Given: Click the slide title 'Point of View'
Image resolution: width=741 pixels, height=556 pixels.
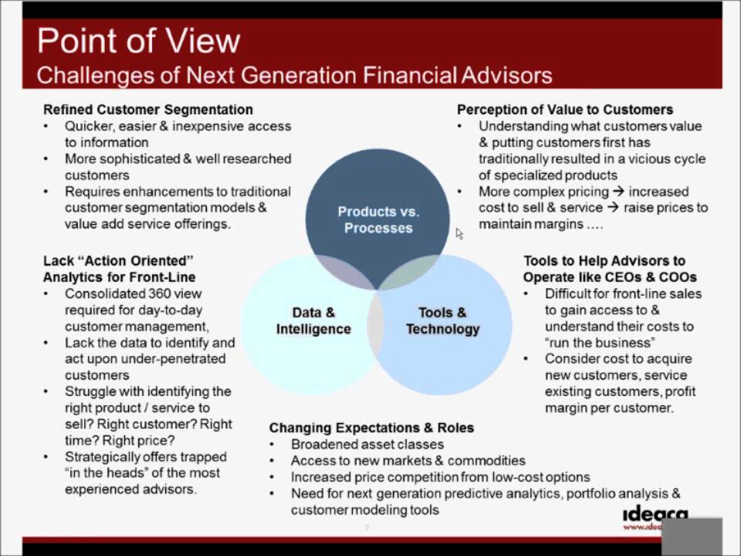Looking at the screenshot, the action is pyautogui.click(x=138, y=41).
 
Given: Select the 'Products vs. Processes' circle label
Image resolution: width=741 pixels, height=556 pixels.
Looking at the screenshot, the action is pyautogui.click(x=378, y=220).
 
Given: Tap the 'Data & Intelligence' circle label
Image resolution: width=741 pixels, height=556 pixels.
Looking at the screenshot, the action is pyautogui.click(x=313, y=320).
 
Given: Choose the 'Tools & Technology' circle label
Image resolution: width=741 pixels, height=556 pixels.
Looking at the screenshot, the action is pyautogui.click(x=442, y=320).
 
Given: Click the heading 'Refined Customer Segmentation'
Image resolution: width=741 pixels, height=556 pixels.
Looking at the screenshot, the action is pyautogui.click(x=148, y=110).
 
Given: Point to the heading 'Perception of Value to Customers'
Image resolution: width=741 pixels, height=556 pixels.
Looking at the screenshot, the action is pyautogui.click(x=565, y=110).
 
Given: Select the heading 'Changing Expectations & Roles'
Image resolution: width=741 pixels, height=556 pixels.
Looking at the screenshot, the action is pyautogui.click(x=371, y=428).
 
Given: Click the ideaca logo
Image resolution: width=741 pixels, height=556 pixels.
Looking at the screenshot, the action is pyautogui.click(x=655, y=517).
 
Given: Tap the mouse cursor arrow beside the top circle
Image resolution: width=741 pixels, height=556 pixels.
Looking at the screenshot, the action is pyautogui.click(x=459, y=233).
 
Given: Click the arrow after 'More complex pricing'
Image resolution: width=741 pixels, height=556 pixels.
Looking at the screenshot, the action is pyautogui.click(x=618, y=192).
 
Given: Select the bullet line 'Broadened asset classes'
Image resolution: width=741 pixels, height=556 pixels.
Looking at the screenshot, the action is pyautogui.click(x=367, y=445).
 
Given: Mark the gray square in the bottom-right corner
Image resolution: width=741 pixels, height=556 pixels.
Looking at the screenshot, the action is pyautogui.click(x=692, y=537).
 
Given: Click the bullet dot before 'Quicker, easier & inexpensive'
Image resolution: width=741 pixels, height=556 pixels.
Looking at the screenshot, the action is pyautogui.click(x=46, y=126).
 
